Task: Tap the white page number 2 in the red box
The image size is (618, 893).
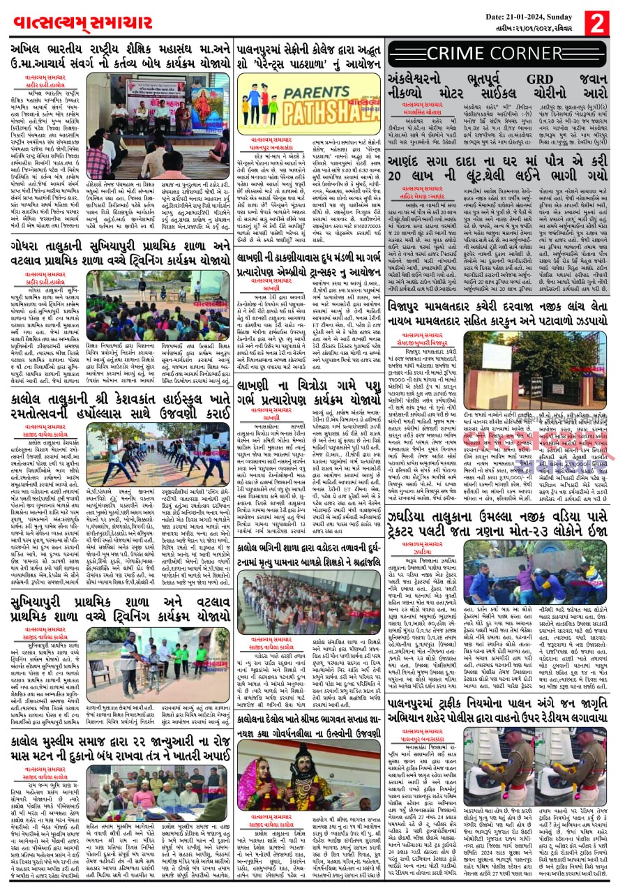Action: click(597, 22)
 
